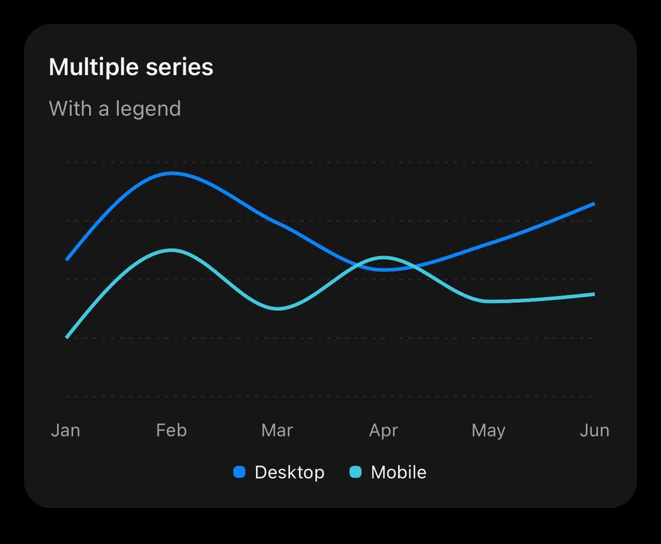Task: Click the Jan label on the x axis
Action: tap(66, 431)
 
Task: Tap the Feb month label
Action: tap(171, 431)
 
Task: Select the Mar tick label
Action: tap(277, 431)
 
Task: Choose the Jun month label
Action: tap(594, 431)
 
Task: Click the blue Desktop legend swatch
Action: tap(240, 472)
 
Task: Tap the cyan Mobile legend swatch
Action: tap(356, 472)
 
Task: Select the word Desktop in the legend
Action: tap(290, 473)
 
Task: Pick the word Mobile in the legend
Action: tap(399, 473)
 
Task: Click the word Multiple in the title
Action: tap(94, 68)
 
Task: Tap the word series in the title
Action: tap(180, 68)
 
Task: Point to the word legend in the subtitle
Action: tap(148, 110)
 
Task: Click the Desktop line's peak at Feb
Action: tap(172, 173)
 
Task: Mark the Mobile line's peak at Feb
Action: tap(171, 250)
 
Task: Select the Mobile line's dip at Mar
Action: tap(278, 308)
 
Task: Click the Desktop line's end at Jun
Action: tap(594, 204)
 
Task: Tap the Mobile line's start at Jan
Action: tap(67, 337)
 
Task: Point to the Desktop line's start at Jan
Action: tap(67, 259)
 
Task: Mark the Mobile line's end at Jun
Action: tap(594, 294)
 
